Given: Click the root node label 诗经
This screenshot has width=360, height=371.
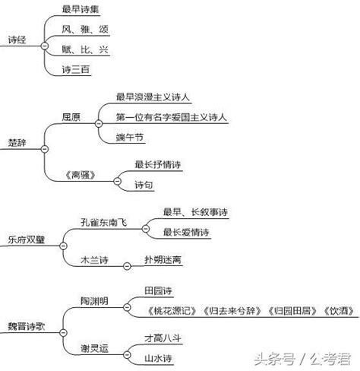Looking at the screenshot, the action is [x=17, y=40].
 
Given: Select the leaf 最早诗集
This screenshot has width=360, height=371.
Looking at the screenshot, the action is [x=81, y=9].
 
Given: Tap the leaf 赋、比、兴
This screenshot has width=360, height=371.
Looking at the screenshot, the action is [x=85, y=49].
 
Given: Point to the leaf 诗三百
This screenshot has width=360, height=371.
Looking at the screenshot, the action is [x=76, y=69].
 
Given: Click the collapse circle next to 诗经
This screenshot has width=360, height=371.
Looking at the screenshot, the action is [x=45, y=46].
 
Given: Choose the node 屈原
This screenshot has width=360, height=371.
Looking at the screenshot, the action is [x=71, y=117].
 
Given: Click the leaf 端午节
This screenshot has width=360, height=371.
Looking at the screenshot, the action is [x=130, y=138].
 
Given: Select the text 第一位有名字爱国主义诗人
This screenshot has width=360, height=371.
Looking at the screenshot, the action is [x=172, y=117].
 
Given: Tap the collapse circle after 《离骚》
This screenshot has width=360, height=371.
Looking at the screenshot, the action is [x=117, y=181].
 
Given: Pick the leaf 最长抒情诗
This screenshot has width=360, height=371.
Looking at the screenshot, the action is [x=157, y=164].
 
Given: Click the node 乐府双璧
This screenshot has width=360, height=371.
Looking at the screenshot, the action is [x=27, y=239].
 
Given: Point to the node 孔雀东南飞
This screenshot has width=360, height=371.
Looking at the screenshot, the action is [x=103, y=222].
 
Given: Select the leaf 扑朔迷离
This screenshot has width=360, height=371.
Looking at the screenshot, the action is [x=163, y=259].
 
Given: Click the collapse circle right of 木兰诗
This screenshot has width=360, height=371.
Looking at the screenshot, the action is [x=127, y=266].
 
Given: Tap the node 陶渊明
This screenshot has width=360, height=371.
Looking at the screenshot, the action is [x=94, y=301].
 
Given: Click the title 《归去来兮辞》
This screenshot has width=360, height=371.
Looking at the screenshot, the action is [x=232, y=311].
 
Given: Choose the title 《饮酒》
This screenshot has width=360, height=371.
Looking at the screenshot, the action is [x=339, y=311].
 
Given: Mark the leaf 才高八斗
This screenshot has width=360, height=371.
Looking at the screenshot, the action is [x=163, y=338].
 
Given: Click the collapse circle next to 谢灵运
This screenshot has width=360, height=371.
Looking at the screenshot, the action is [x=127, y=354].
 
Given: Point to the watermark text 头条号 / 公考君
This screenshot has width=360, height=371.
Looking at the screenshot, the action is [x=302, y=359].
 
